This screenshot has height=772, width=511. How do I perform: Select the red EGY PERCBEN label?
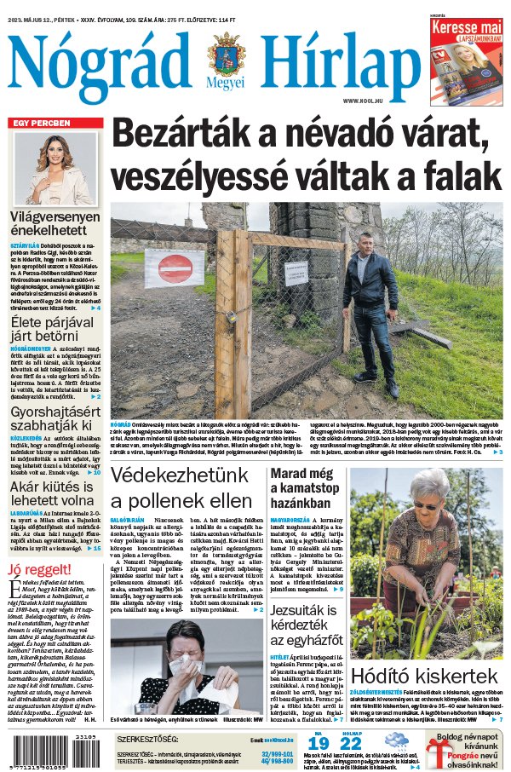(x=41, y=123)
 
